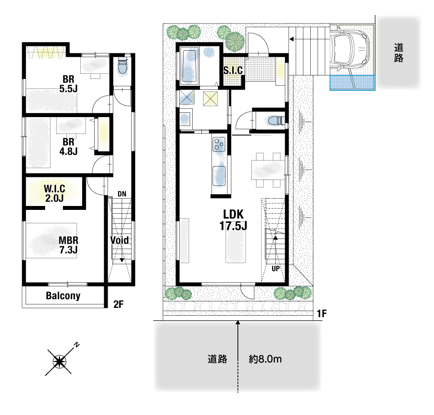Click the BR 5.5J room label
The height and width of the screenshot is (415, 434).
point(69,84)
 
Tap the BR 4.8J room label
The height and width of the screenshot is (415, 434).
point(69,147)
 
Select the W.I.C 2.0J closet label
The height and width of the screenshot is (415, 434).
point(55,193)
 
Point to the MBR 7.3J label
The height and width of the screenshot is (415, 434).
point(69,245)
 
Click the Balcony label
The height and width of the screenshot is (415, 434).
point(63,296)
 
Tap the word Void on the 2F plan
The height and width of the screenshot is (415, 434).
point(120,240)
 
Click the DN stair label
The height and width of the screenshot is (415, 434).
point(122,194)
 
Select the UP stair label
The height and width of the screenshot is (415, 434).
point(276,268)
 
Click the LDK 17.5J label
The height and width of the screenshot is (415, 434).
point(233,220)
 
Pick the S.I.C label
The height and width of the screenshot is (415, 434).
point(233,70)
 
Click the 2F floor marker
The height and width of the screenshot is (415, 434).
point(118,304)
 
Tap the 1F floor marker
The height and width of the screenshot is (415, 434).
point(322,314)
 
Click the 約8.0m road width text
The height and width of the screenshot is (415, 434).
point(265,359)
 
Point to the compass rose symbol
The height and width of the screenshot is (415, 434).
point(59,361)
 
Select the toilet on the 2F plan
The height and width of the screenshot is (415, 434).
point(122,67)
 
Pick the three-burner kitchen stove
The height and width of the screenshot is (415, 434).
point(219,144)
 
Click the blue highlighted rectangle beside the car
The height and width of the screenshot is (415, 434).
point(352,83)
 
